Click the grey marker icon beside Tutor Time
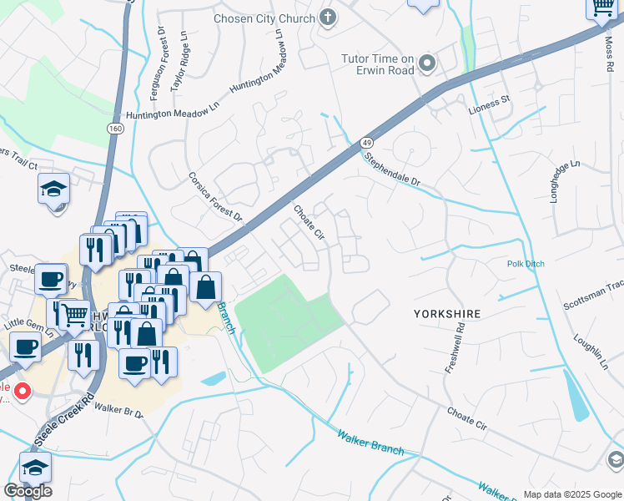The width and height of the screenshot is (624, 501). click(x=428, y=63)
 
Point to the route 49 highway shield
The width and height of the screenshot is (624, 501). click(x=366, y=144)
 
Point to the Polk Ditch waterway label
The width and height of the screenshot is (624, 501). click(x=526, y=264)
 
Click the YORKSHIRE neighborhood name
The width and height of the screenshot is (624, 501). click(x=448, y=314)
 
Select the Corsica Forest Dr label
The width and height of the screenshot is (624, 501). click(x=214, y=199)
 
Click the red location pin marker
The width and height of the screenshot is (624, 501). click(x=22, y=390)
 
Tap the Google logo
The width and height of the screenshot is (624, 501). click(x=28, y=491)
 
